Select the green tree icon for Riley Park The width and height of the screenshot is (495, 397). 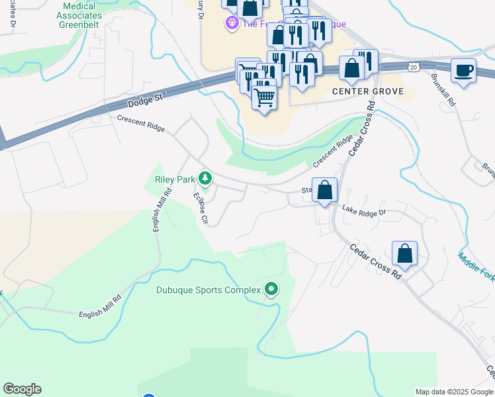(206, 177)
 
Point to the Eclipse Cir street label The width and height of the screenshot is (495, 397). (201, 208)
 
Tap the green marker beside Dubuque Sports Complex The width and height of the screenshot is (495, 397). (271, 289)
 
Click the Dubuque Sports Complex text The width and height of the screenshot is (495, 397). (208, 290)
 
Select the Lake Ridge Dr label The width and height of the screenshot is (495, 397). (363, 211)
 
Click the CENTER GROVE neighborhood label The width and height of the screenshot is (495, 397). (367, 91)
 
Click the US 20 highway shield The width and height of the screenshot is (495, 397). (414, 67)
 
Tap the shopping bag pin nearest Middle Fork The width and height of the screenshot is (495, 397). (404, 253)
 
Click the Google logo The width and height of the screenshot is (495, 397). (22, 389)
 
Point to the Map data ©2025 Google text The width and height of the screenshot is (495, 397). (453, 392)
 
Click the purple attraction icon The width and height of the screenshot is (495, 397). (232, 24)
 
